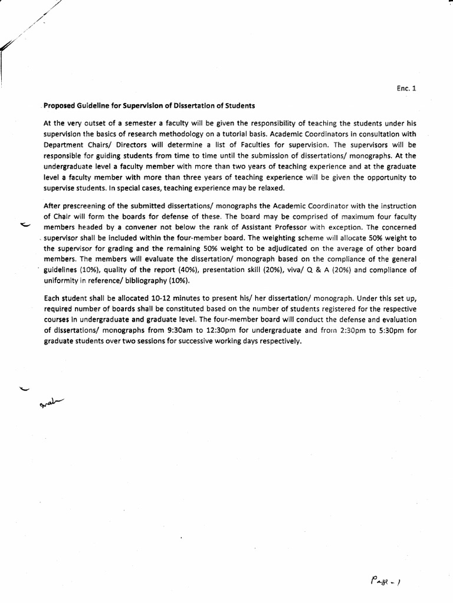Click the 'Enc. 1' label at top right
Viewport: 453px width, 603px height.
pos(406,89)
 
